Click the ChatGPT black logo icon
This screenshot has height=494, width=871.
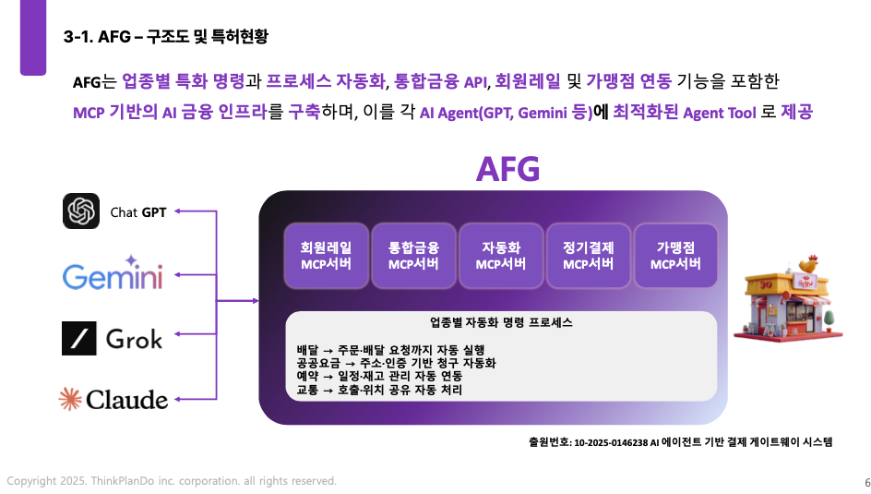point(81,211)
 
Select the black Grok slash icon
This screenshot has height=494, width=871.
point(78,338)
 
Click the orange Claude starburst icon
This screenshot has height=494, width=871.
point(70,398)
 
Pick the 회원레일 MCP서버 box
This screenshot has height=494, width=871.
point(326,256)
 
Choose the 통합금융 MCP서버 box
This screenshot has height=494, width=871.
point(413,256)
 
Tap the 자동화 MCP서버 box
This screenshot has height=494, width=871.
point(500,256)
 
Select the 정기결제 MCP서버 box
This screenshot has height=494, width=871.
point(589,256)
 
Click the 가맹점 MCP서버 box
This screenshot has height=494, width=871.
point(675,256)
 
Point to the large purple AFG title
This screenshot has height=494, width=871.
point(507,169)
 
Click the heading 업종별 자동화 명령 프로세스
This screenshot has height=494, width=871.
point(501,323)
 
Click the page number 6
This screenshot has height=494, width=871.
point(867,482)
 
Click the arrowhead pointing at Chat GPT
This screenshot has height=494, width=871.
point(178,211)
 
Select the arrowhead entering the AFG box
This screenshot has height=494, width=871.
point(256,301)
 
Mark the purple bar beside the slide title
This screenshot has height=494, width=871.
point(33,37)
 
